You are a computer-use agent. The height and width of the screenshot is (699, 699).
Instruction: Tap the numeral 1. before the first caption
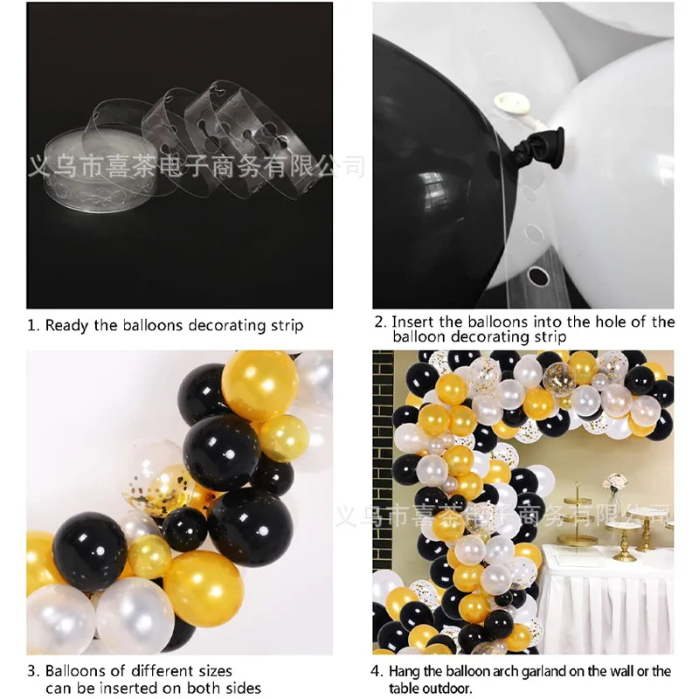tap(32, 326)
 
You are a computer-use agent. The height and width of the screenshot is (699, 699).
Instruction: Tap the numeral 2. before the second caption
tap(380, 322)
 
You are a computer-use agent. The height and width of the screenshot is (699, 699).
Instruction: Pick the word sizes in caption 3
tap(210, 671)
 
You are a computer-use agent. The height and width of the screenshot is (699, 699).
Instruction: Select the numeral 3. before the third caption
tap(32, 671)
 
